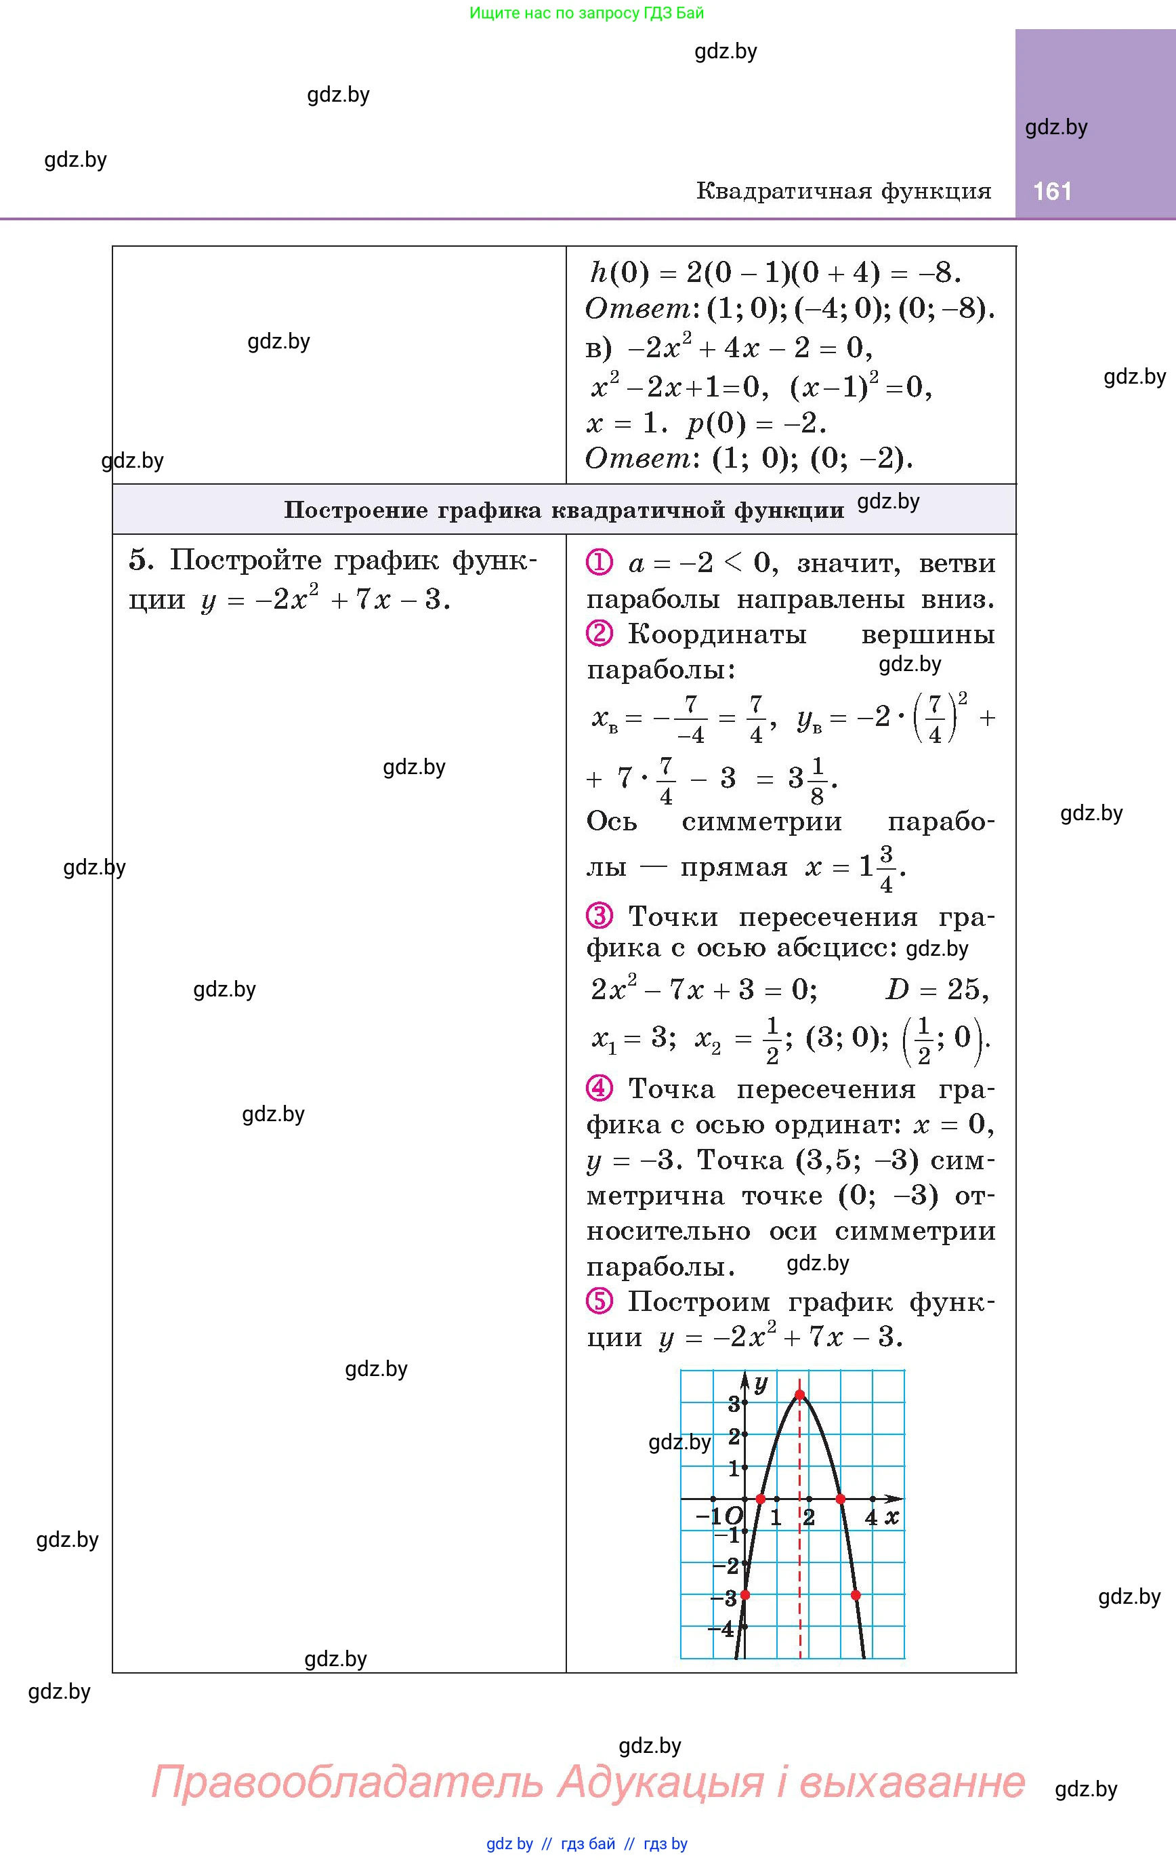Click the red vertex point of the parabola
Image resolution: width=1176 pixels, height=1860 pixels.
800,1395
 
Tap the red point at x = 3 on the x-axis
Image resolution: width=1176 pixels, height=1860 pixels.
841,1499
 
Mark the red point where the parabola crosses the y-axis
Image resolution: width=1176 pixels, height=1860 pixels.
745,1595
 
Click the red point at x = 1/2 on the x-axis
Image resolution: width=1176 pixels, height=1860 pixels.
761,1499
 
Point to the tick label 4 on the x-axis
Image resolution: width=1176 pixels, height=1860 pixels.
871,1518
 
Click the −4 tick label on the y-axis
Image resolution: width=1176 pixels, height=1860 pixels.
721,1629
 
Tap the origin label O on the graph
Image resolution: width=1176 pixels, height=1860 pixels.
734,1516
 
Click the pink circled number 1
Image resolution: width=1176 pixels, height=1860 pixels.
600,563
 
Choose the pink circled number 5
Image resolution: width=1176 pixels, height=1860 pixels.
600,1301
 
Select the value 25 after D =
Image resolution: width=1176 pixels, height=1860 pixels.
966,989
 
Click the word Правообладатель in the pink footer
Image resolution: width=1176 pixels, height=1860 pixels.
347,1781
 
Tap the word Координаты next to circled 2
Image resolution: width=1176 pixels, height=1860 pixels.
717,634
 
